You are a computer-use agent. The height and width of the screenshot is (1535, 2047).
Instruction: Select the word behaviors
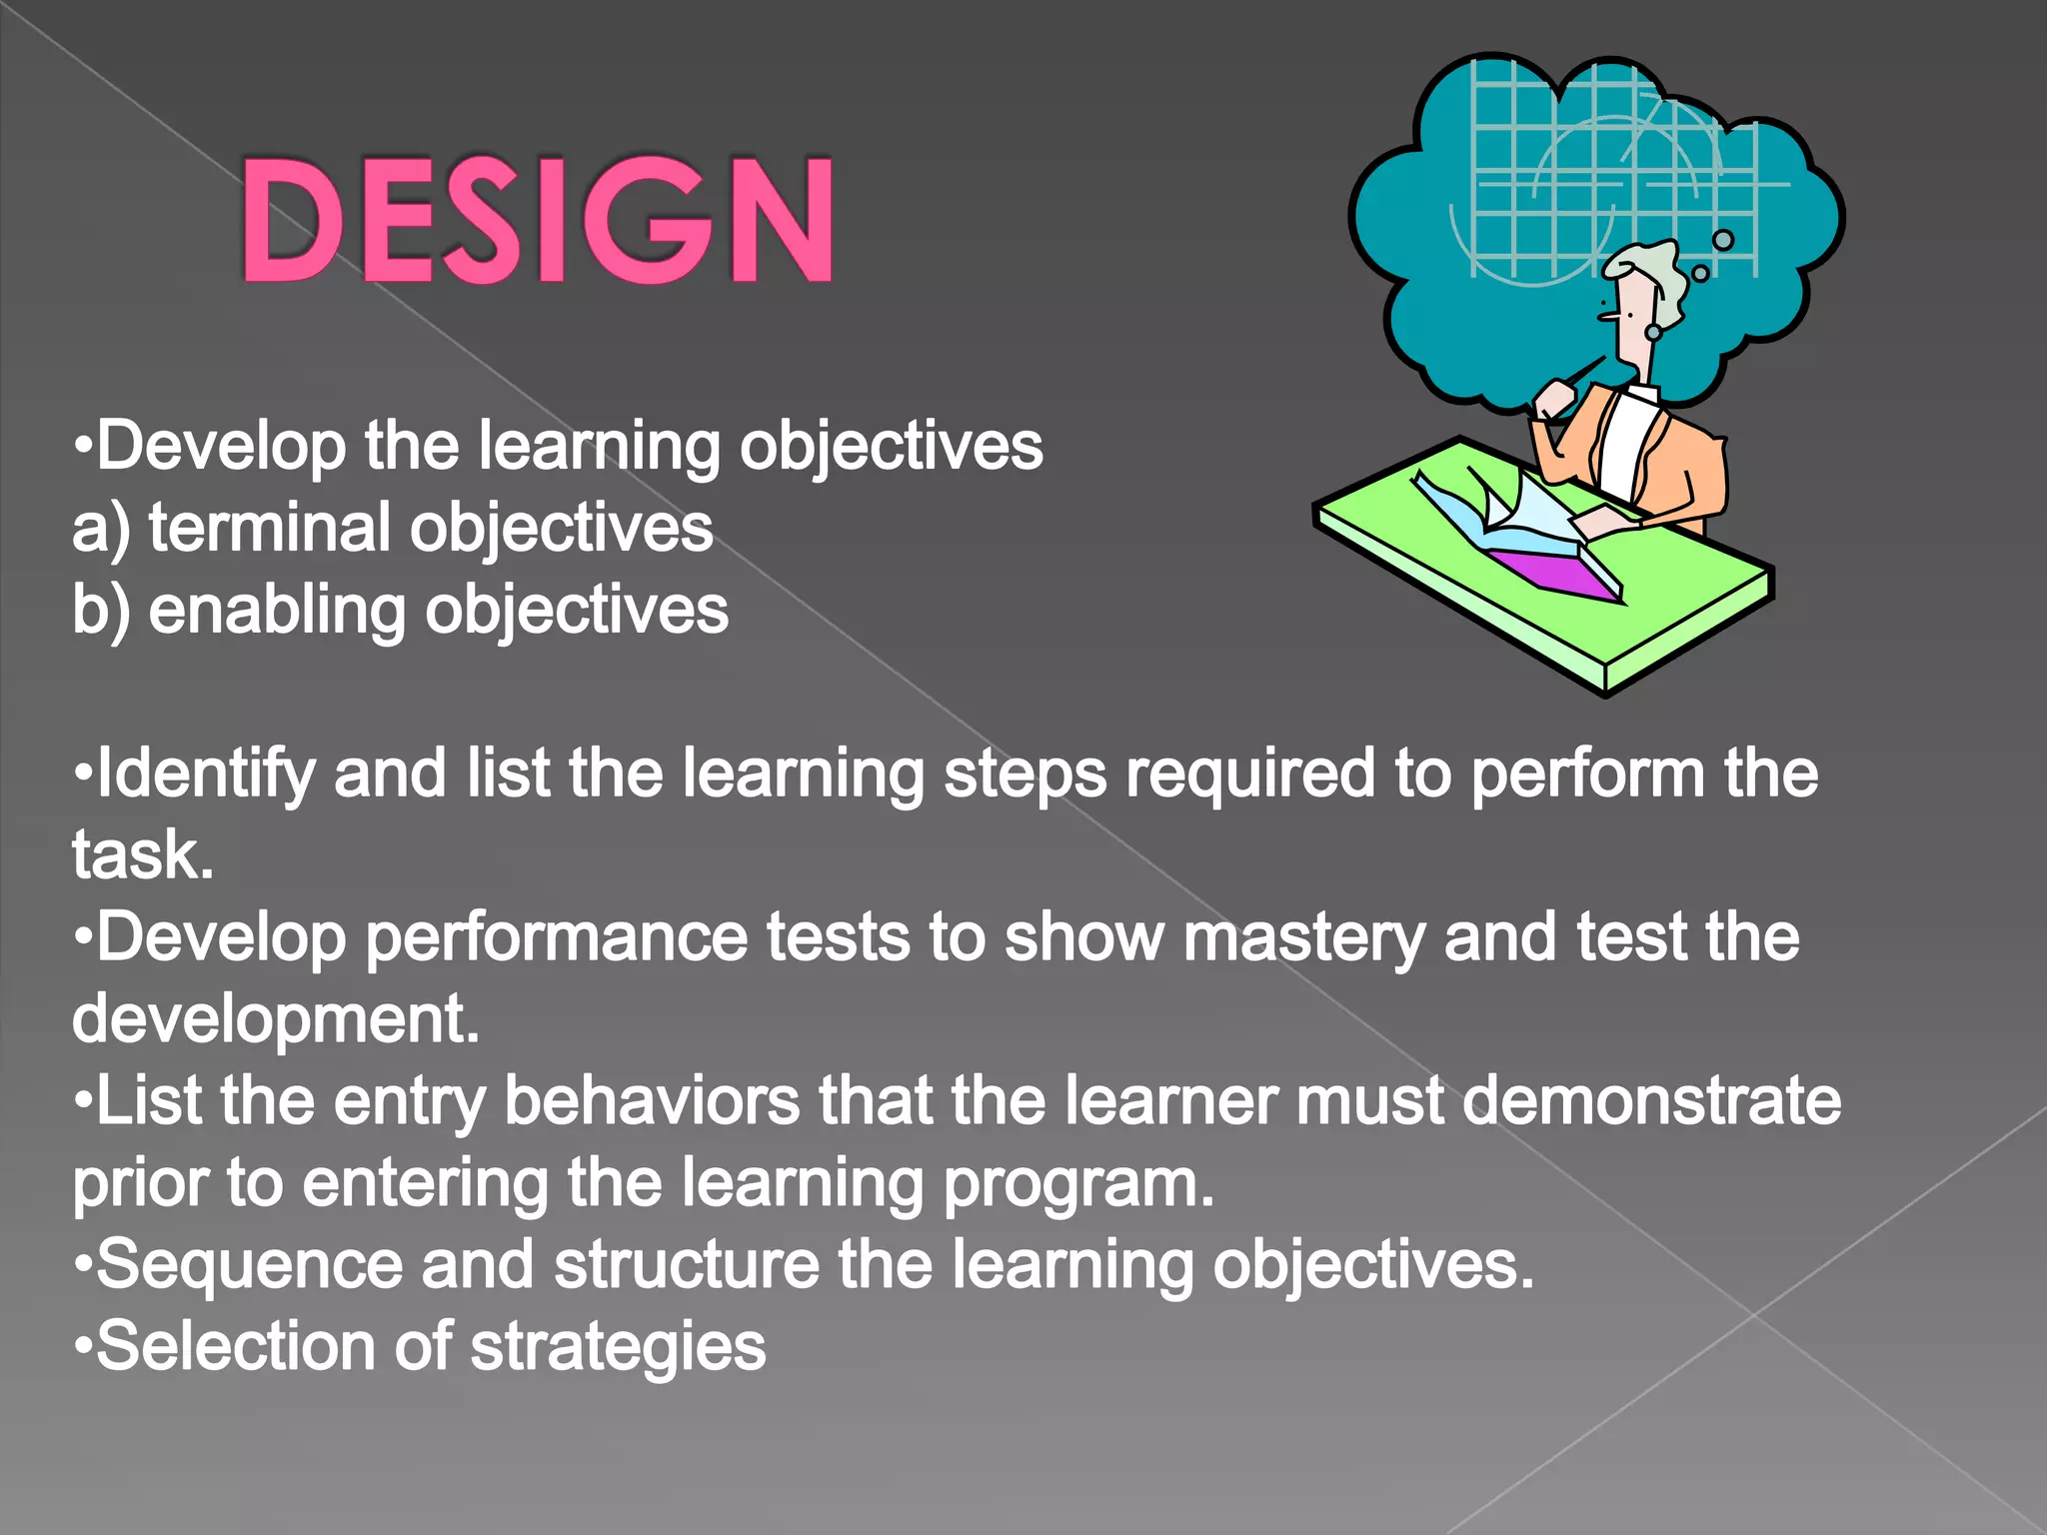coord(652,1101)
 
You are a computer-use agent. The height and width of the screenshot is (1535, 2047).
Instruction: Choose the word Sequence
coord(250,1265)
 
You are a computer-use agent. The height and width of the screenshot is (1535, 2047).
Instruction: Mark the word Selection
coord(235,1347)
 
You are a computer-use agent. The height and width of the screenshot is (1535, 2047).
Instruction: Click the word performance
coord(557,939)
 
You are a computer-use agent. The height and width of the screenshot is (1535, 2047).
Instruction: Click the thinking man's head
coord(1644,300)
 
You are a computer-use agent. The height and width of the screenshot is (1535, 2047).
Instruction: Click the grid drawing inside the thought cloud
coord(1609,170)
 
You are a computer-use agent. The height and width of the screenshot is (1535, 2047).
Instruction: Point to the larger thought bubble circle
coord(1723,240)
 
